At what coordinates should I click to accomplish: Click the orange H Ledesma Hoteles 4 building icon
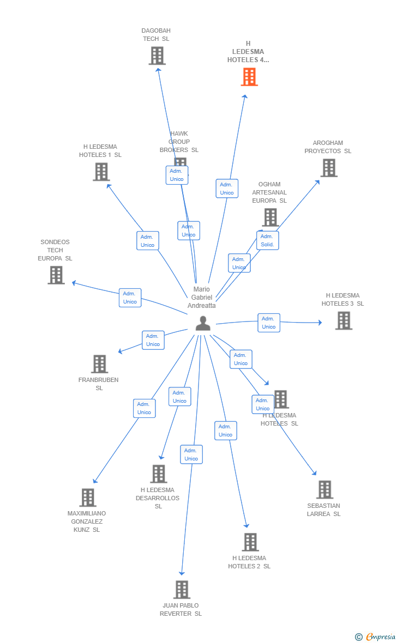(x=249, y=77)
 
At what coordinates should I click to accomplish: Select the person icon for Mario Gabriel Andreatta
(x=203, y=323)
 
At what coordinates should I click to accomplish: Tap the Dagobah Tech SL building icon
(x=157, y=56)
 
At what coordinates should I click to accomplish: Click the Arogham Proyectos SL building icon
(x=328, y=168)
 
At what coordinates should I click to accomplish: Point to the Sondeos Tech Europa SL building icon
(x=56, y=275)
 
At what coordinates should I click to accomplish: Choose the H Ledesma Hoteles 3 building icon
(x=343, y=320)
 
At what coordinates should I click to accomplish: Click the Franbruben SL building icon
(x=99, y=364)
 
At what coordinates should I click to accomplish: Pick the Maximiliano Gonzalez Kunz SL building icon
(x=88, y=498)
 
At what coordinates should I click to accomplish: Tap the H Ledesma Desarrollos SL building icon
(x=158, y=474)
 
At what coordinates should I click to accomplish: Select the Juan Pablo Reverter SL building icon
(x=182, y=590)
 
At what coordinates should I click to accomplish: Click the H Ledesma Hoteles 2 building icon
(x=250, y=542)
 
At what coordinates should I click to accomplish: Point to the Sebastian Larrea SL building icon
(x=324, y=490)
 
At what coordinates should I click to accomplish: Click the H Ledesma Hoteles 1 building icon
(x=101, y=172)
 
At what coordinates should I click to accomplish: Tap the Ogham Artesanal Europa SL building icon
(x=270, y=217)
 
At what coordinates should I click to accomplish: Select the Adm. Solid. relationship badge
(x=267, y=240)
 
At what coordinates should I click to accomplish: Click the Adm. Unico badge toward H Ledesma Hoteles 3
(x=268, y=323)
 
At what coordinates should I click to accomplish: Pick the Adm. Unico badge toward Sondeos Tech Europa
(x=130, y=298)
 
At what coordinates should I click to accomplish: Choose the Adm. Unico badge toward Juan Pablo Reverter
(x=191, y=454)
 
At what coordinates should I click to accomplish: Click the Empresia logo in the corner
(x=376, y=636)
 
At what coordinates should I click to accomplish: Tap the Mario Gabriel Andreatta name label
(x=202, y=298)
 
